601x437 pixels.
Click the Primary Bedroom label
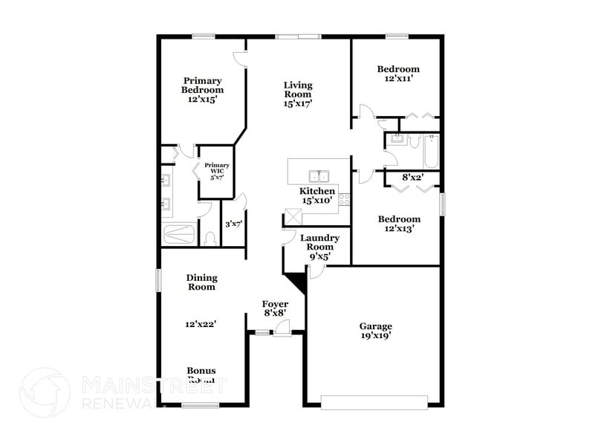click(203, 89)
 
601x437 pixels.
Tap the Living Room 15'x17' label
click(297, 94)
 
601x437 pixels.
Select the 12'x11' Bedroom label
click(398, 73)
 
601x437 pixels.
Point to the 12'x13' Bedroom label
click(398, 224)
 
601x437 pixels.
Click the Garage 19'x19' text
click(375, 331)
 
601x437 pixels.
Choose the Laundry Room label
click(319, 247)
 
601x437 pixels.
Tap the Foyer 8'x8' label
click(275, 309)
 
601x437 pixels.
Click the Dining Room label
click(201, 282)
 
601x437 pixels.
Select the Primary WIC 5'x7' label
click(217, 172)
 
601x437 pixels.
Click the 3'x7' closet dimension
click(233, 223)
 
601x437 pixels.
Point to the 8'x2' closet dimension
click(412, 178)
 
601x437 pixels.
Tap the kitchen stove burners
click(344, 198)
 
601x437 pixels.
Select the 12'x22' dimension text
click(201, 324)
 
